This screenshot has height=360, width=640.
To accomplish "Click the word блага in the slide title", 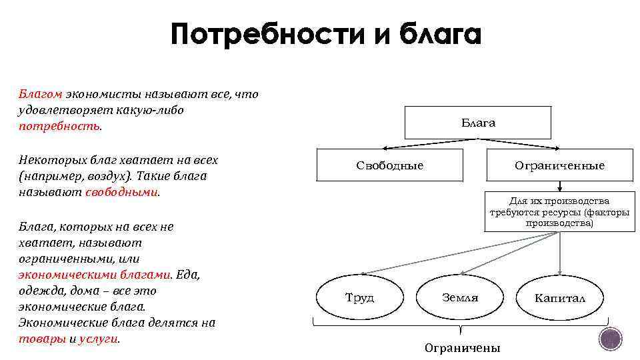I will coord(440,35).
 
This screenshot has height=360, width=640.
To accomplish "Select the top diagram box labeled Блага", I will coord(478,123).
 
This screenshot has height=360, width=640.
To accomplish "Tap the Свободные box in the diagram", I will coord(389,165).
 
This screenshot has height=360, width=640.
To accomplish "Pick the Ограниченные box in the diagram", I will coord(559,165).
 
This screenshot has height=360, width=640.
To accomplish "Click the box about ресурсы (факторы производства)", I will coord(559,213).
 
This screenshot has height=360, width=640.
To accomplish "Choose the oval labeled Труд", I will coord(359,297).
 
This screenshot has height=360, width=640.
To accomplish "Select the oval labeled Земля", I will coord(460,297).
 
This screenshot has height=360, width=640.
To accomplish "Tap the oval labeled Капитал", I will coord(560,297).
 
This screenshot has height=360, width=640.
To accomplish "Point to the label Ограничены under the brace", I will coord(462,348).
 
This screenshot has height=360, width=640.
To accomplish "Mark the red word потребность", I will coord(59,126).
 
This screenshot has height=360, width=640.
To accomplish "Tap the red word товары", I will coord(43,339).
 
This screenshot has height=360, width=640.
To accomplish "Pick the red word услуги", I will coord(98,339).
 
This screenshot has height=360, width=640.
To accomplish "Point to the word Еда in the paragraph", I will coord(188,275).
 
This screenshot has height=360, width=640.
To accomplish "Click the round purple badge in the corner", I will coord(610,339).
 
